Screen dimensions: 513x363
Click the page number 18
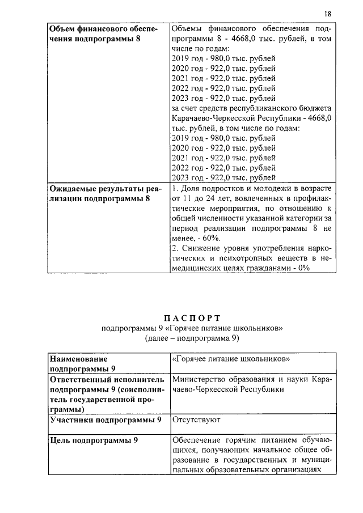pyautogui.click(x=328, y=14)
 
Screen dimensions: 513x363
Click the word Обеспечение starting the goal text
pyautogui.click(x=199, y=440)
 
